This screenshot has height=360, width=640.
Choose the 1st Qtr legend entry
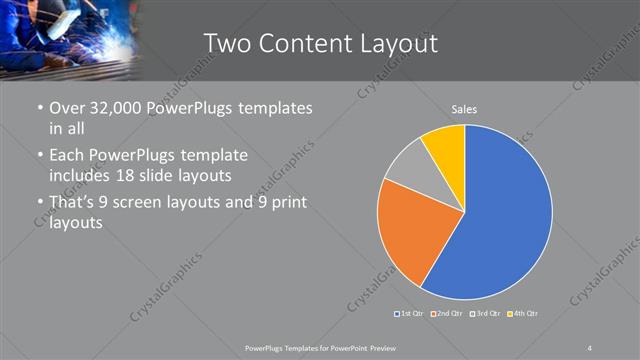point(410,314)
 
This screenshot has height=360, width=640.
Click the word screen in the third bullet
point(151,203)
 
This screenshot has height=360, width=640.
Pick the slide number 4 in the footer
point(590,347)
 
